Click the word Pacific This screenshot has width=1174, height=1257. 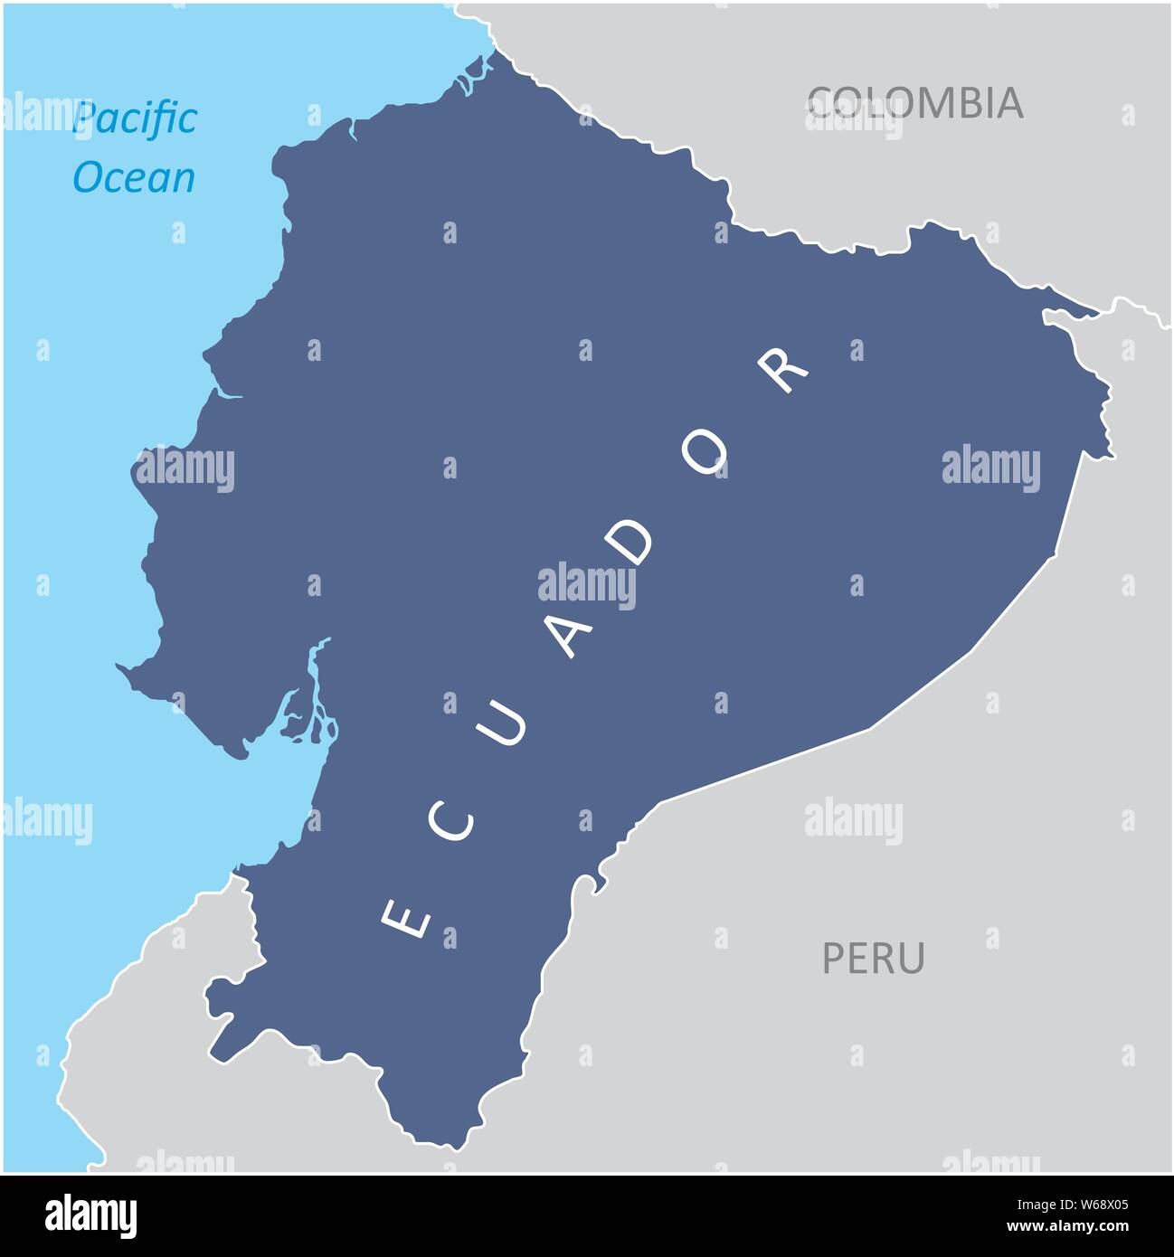coord(135,118)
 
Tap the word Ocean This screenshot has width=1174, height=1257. coord(134,178)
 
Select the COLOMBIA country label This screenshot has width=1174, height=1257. coord(915,103)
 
